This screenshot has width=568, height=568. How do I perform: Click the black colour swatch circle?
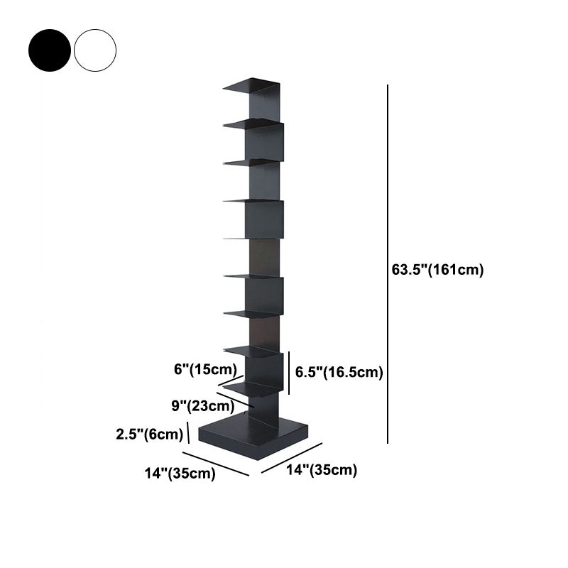coord(50,49)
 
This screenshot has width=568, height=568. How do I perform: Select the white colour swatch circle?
coord(94,49)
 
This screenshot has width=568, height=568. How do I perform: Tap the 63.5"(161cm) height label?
coord(437,270)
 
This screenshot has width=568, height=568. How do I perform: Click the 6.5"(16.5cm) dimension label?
coord(339,373)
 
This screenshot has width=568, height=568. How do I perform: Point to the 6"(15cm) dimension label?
coord(204,369)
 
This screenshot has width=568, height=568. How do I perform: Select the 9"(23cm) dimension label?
coord(202,406)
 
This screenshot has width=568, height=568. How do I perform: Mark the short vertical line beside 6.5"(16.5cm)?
coord(290,372)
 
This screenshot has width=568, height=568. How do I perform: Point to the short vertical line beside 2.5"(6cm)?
coord(188,432)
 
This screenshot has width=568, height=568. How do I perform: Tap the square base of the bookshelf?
coord(254,435)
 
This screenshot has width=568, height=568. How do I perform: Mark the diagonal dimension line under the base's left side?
coord(217,464)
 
